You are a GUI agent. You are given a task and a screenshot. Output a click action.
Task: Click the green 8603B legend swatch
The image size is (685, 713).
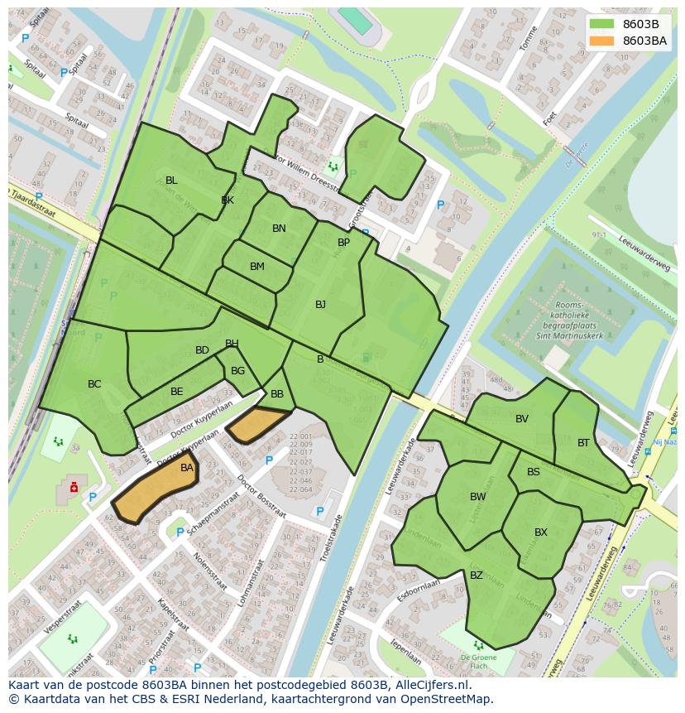tap(601, 24)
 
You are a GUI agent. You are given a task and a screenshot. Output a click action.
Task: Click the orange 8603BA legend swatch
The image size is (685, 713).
tap(601, 41)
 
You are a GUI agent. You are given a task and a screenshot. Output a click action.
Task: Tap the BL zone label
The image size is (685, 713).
tap(171, 181)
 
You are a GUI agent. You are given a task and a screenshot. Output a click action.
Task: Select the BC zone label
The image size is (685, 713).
tap(94, 384)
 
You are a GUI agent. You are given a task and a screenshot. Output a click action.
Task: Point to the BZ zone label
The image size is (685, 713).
tap(477, 576)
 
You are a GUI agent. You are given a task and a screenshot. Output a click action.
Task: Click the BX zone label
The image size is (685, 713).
tap(541, 532)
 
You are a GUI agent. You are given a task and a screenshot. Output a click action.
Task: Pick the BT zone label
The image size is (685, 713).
tap(584, 443)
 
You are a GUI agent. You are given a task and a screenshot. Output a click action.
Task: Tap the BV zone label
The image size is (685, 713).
tap(522, 419)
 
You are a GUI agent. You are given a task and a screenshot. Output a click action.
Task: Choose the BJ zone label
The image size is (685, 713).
tap(320, 305)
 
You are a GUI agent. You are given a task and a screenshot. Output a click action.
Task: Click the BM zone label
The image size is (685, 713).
tap(257, 267)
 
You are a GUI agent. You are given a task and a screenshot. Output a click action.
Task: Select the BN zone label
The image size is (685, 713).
tap(279, 229)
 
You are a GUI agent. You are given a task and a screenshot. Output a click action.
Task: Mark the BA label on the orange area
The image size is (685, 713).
tap(187, 468)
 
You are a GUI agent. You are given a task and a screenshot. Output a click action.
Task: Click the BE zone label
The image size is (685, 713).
tap(177, 392)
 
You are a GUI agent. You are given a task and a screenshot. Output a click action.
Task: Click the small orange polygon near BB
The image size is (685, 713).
tap(258, 424)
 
